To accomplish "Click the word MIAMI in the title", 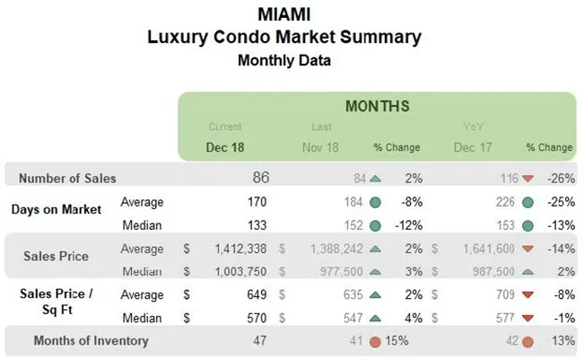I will pos(283,16).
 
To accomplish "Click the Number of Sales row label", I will pos(67,179).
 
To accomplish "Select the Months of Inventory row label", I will pos(91,340).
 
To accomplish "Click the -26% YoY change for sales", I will pos(558,179).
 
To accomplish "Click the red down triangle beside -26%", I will pos(527,179).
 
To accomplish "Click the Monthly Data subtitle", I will pos(283,61).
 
